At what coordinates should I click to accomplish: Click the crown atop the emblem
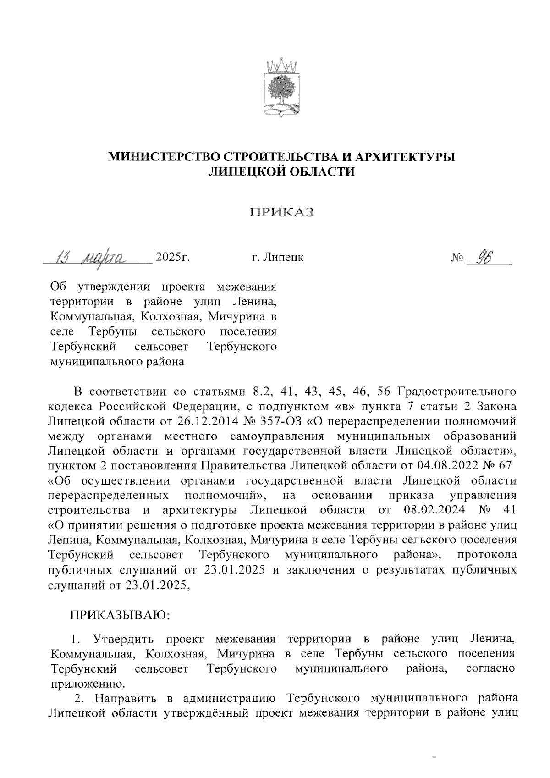tap(282, 65)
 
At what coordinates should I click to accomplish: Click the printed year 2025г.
tap(173, 257)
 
